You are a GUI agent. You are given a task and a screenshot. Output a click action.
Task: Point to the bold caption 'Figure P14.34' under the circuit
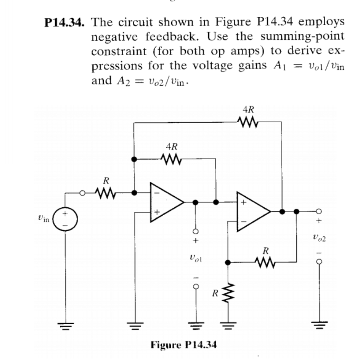pos(183,345)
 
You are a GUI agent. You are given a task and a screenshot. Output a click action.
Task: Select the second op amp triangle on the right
pos(252,211)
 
